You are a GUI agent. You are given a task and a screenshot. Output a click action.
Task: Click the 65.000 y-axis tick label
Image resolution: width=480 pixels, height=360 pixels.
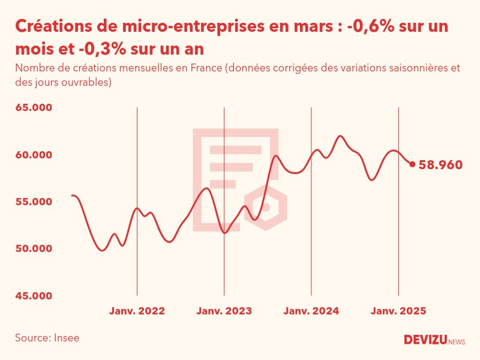coord(34,108)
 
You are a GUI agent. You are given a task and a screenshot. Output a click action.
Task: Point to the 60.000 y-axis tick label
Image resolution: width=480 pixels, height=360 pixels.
coord(34,155)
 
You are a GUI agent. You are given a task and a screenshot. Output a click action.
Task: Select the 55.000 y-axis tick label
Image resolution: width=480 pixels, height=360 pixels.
coord(34,202)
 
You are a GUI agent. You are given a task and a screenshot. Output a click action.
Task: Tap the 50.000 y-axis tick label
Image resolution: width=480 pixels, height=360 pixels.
coord(34,248)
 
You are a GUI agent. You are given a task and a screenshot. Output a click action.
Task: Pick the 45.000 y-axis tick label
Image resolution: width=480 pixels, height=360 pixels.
coord(34,295)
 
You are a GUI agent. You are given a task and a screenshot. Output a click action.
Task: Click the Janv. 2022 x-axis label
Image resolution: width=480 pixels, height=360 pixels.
coord(137,311)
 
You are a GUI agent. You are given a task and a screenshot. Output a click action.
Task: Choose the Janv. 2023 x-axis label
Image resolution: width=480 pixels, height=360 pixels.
coord(224,311)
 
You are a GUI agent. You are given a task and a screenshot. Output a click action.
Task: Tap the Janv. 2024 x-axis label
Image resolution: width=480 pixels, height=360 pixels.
coord(311,311)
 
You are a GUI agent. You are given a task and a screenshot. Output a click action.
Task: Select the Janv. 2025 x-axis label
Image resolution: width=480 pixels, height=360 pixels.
coord(398,311)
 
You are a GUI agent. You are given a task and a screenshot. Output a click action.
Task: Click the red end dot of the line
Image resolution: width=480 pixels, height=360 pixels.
coord(412,164)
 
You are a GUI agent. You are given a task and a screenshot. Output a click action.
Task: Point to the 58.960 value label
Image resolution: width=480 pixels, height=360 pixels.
coord(440,164)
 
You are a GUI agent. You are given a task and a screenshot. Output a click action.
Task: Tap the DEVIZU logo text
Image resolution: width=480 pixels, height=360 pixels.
coord(425,340)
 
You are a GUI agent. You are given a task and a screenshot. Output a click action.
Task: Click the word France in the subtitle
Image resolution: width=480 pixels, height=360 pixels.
coord(206,68)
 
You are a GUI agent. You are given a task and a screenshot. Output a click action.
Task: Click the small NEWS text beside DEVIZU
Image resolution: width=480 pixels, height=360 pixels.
coord(457,342)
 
